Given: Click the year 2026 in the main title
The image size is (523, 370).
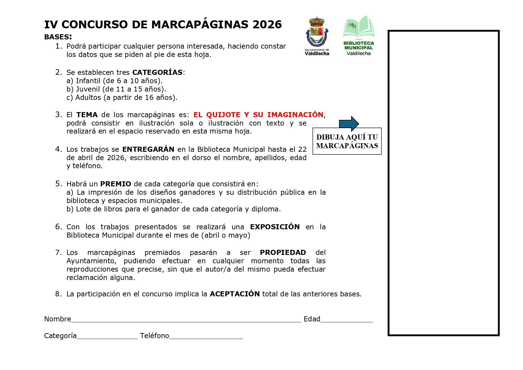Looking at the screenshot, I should pos(267,24).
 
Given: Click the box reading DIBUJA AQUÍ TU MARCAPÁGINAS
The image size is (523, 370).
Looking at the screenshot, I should pos(347,141).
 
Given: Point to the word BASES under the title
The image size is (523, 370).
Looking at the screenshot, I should pos(57,37).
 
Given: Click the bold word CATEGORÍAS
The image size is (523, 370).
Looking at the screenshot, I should pos(157,72).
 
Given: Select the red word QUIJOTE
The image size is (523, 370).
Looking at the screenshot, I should pos(223,115).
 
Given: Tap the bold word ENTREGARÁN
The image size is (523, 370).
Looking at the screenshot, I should pos(148,149).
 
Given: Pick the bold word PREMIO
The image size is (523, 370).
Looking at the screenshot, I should pos(116,184).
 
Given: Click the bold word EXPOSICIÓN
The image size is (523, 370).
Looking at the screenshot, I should pos(275,227).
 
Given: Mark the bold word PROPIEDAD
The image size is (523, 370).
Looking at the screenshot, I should pos(283,253).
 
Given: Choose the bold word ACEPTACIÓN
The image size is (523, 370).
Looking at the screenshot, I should pos(235,294).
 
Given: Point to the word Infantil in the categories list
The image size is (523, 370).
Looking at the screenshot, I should pos(88,81).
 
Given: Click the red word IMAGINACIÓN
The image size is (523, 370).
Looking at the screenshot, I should pos(295,115).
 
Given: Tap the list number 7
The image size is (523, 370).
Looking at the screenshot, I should pos(58,253).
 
